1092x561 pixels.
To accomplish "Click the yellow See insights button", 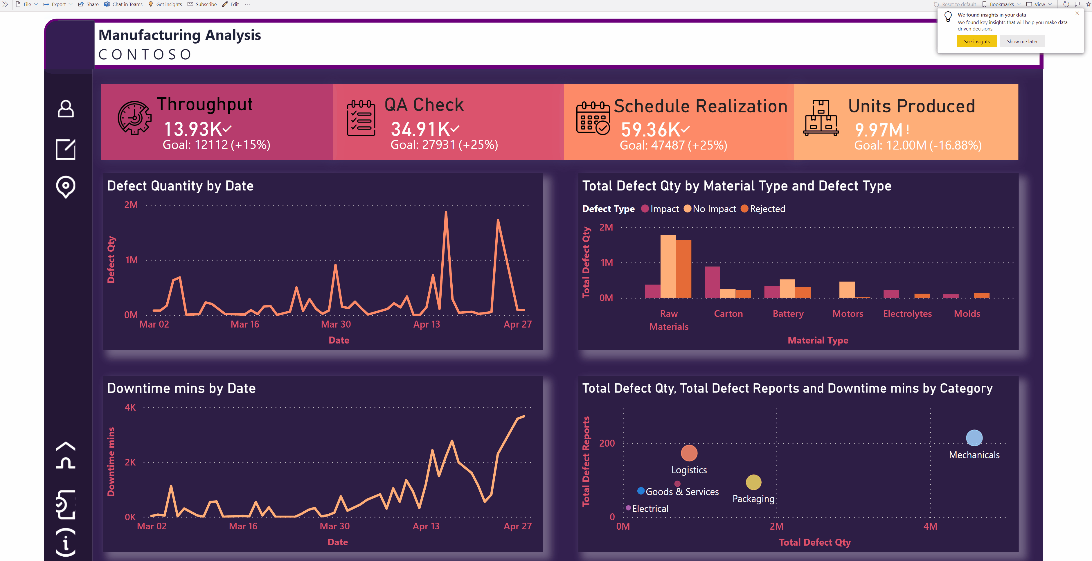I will click(976, 42).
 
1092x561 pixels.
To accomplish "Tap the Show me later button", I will click(1022, 42).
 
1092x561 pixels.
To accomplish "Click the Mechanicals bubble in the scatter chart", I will click(974, 438).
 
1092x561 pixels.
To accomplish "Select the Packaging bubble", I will click(753, 482).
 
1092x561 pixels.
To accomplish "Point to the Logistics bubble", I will click(689, 453).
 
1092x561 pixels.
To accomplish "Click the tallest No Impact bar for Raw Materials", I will click(668, 266).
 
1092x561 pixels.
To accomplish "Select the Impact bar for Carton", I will click(712, 282).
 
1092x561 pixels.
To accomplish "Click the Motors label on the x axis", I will click(848, 314).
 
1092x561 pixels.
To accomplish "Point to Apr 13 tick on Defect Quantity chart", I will click(427, 324).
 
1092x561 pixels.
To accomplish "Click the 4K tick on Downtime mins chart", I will click(130, 407).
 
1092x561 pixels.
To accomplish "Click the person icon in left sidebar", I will click(66, 109).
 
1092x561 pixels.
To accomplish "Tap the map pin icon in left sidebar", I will click(66, 187).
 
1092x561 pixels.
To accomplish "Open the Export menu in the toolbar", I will click(58, 4).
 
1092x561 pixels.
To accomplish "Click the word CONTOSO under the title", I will click(145, 55).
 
